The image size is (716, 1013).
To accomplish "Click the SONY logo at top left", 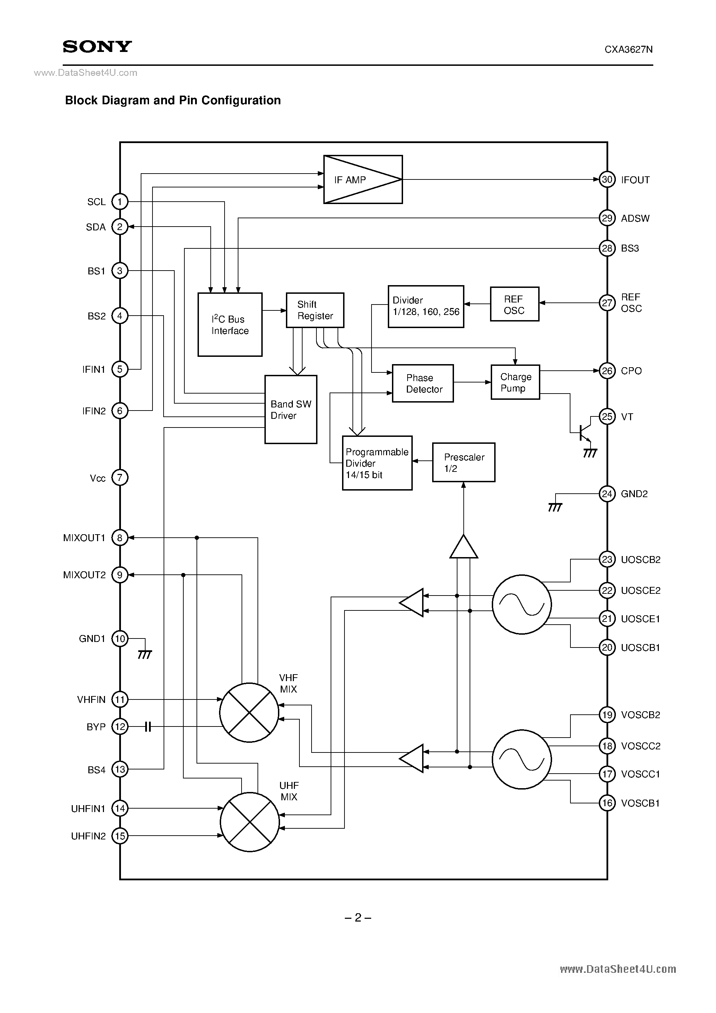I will [x=97, y=46].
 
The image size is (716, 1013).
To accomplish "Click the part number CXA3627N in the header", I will [x=628, y=50].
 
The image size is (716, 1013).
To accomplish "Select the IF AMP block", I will [x=363, y=179].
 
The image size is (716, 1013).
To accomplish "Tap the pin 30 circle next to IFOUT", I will [x=607, y=179].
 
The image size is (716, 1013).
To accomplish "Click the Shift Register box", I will [x=315, y=310].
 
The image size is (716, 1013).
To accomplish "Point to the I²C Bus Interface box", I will [x=229, y=325].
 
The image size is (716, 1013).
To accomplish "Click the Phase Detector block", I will [x=422, y=384].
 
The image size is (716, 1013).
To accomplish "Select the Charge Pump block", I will [x=515, y=382].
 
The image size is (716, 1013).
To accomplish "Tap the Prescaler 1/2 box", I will [x=463, y=463].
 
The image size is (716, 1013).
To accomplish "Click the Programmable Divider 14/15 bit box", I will [x=377, y=463].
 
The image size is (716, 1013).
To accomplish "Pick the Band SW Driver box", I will [x=290, y=409].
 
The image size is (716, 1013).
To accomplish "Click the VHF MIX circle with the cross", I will [x=249, y=713].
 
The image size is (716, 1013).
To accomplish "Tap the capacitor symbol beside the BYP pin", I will [x=148, y=726].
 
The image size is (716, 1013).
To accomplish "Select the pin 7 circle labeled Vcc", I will [x=120, y=477].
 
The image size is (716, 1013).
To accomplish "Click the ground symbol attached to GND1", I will [x=145, y=655].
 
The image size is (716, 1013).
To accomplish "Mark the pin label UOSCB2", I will [x=640, y=560].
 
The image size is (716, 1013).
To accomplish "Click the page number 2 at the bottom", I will [x=358, y=918].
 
